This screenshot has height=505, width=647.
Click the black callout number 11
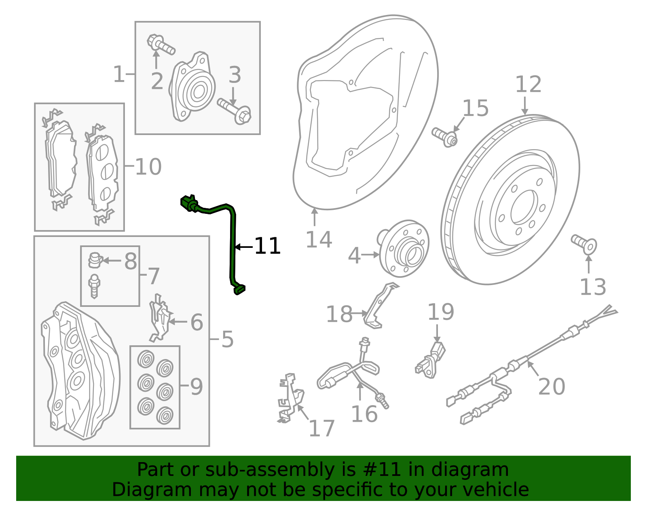point(267,246)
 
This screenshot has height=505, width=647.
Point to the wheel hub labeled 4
point(404,248)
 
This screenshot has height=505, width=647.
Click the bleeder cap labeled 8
point(95,260)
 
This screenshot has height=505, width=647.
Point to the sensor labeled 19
point(431,360)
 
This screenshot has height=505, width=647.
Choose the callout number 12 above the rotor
point(528,85)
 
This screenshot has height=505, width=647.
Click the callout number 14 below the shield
point(319,239)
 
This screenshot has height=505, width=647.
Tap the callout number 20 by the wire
point(552,387)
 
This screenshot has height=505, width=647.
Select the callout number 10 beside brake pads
point(148,167)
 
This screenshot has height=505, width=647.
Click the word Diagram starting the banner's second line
point(135,490)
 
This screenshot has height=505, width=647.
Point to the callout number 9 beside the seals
point(196,387)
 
